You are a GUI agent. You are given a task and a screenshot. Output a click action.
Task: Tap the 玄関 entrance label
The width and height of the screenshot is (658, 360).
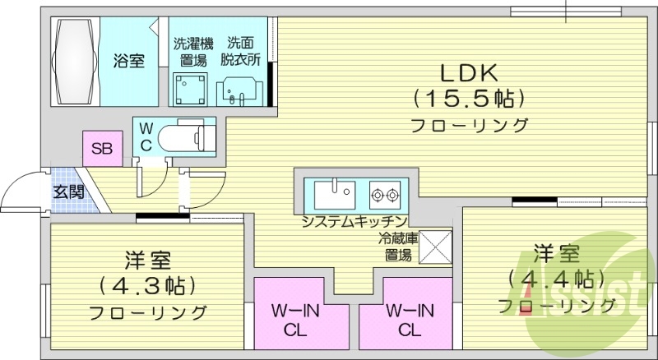click(68, 192)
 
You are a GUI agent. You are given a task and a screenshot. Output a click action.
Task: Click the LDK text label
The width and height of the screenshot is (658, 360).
click(469, 71)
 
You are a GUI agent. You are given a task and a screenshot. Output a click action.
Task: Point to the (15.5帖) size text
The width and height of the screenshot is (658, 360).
click(469, 99)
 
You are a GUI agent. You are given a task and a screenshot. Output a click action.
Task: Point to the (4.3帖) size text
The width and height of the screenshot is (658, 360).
click(148, 286)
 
